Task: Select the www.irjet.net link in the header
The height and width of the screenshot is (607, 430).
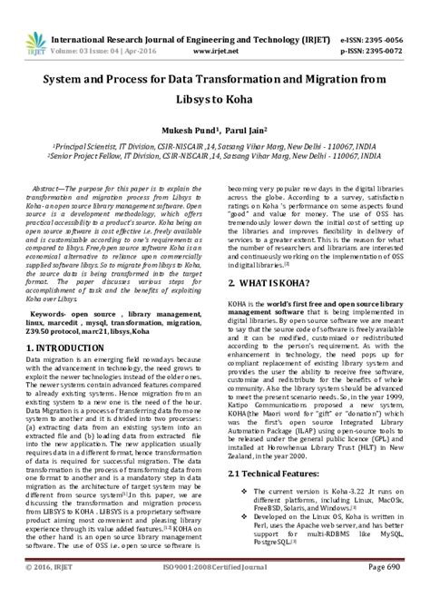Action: (x=208, y=28)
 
